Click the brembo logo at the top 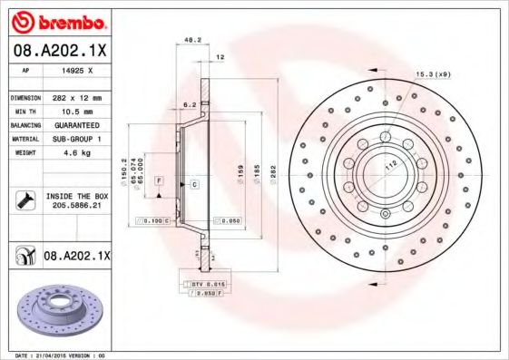(56, 19)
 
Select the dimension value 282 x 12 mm (75, 97)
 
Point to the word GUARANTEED (75, 125)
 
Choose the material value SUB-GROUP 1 (75, 140)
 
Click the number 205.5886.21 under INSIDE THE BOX (75, 206)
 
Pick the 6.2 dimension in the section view (189, 105)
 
